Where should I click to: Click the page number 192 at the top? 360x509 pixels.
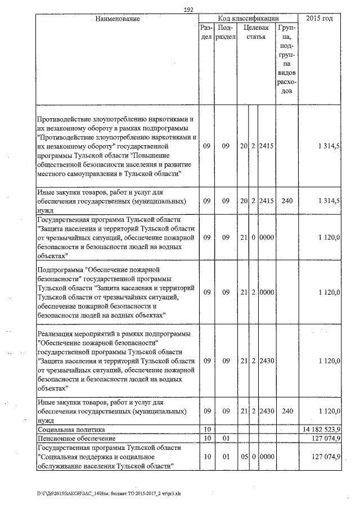(x=188, y=10)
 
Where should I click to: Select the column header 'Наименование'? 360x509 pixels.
(x=117, y=19)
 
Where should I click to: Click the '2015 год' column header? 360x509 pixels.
(x=319, y=19)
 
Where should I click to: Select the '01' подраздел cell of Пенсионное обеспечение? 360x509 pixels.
(x=226, y=438)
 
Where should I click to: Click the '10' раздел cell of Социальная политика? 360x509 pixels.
(x=207, y=430)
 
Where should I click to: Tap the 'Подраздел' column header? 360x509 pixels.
(x=226, y=32)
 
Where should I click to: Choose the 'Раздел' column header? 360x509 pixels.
(x=206, y=32)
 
